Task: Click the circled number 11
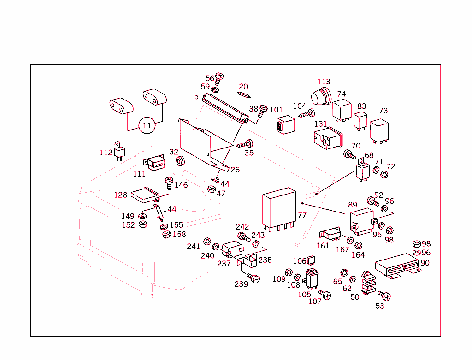147,125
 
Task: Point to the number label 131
320,124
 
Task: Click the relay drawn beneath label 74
342,109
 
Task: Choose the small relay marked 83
360,120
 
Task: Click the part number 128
120,195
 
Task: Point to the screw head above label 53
384,295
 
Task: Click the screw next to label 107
325,295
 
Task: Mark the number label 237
224,264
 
